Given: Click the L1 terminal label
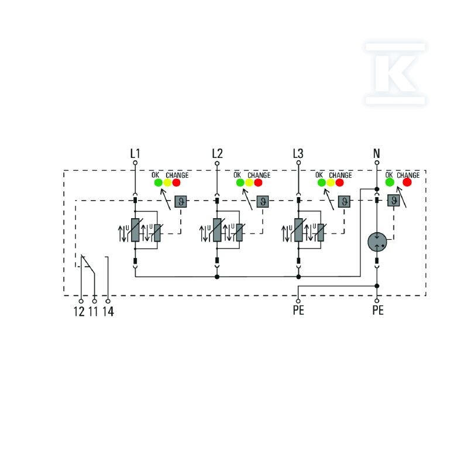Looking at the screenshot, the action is [x=135, y=153].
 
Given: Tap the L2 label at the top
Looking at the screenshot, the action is [x=217, y=153].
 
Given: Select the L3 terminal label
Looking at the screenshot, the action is [x=298, y=153].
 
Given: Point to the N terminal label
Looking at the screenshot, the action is [x=377, y=153].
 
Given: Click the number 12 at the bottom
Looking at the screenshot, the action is [x=79, y=311].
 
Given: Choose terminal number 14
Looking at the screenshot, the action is [x=108, y=311].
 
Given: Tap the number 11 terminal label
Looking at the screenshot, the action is [x=93, y=311].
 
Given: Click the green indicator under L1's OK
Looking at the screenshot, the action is [x=158, y=183].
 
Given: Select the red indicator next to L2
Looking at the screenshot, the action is [x=258, y=183].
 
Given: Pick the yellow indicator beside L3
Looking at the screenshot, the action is [x=331, y=183].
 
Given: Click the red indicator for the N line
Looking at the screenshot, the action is [x=407, y=182].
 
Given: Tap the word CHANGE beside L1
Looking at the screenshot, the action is [x=177, y=175].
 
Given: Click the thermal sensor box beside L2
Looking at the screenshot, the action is [x=263, y=201].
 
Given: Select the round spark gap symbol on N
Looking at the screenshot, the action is [x=377, y=242].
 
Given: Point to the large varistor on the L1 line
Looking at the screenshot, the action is [x=135, y=230].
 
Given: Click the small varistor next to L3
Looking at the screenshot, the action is [x=321, y=232].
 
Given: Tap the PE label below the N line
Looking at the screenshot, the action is [x=378, y=310].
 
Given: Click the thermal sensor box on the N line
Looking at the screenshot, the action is [x=393, y=200].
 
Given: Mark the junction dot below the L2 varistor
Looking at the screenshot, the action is [x=217, y=277].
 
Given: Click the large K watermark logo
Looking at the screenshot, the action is [x=395, y=74].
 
